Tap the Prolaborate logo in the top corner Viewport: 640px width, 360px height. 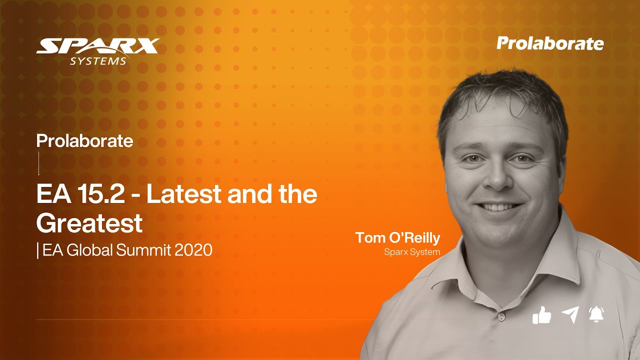pos(550,43)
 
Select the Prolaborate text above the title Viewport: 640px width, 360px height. pos(84,141)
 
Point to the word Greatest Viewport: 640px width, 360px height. pos(89,223)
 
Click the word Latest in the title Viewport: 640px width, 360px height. pos(183,194)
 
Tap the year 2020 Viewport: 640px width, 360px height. pos(193,250)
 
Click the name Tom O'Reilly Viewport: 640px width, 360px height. pos(397,238)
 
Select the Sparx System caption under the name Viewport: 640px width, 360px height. pos(412,252)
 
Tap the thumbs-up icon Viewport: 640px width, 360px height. pos(541,315)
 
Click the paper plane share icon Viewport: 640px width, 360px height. pos(569,315)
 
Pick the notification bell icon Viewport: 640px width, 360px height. pos(596,314)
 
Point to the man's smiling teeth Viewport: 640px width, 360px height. pos(494,207)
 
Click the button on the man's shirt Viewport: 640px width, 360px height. pos(500,317)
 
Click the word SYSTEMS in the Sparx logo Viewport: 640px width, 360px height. pos(98,61)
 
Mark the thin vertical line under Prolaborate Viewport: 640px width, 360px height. pos(38,163)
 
